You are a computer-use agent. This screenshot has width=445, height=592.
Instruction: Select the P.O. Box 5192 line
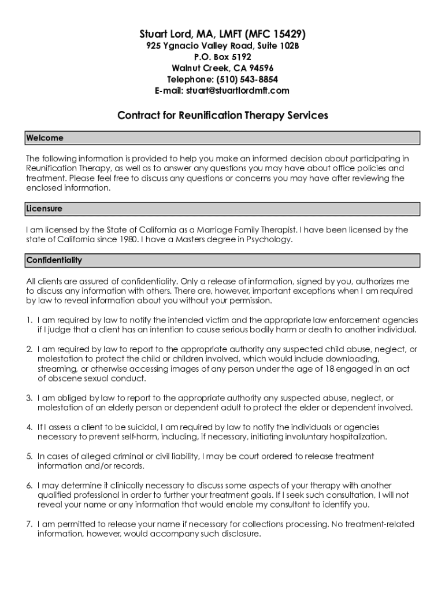[x=222, y=57]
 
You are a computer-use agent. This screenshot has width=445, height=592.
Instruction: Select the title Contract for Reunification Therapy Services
[x=222, y=115]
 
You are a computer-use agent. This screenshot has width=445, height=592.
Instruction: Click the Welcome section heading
[x=45, y=138]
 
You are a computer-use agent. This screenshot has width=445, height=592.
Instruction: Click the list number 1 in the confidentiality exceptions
[x=29, y=320]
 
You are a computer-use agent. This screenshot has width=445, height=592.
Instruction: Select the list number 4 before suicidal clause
[x=29, y=427]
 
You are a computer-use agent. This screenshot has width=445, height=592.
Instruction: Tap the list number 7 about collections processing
[x=29, y=524]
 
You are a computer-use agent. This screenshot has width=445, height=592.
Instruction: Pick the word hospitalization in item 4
[x=353, y=436]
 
